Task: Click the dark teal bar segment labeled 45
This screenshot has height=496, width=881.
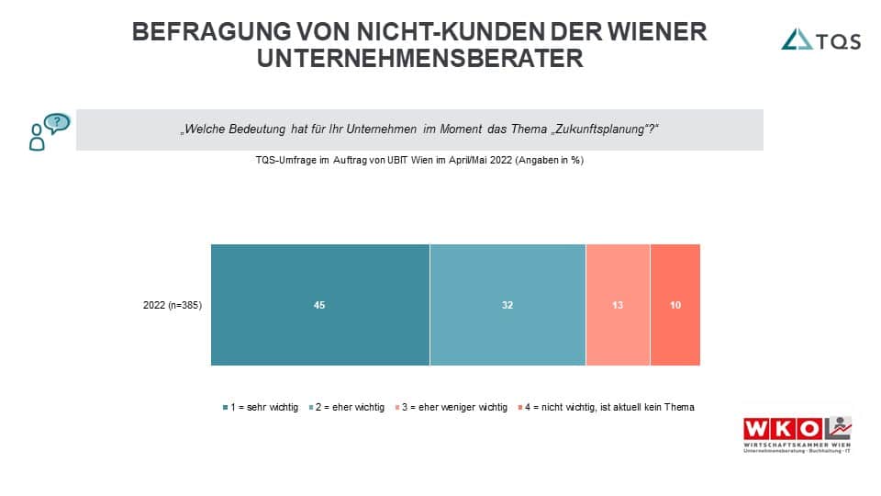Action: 319,305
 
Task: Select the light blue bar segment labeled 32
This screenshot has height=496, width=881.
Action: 507,305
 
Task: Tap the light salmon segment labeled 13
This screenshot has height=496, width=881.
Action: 618,305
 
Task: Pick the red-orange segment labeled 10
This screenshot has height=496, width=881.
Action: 675,305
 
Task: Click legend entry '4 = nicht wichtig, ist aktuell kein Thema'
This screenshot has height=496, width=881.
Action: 607,407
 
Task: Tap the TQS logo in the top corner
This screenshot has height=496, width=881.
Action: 820,39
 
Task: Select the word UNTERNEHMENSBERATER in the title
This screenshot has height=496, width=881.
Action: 419,58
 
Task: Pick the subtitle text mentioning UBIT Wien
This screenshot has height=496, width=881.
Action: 419,160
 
